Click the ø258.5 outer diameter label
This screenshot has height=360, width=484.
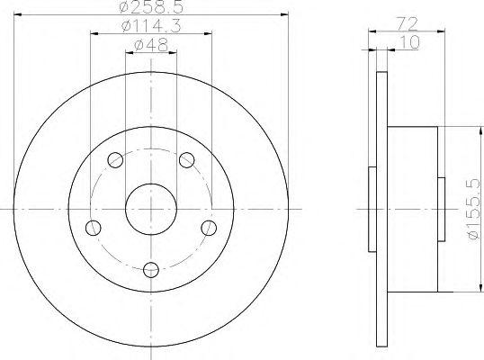point(151,7)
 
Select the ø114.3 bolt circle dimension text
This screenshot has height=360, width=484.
point(151,26)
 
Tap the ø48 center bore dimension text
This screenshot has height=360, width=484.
point(151,45)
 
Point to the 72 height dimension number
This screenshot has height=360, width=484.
point(407,24)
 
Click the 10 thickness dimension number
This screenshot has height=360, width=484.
point(409,42)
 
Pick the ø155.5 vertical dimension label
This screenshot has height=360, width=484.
point(475,209)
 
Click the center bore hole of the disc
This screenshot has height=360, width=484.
point(151,210)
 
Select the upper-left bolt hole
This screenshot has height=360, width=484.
point(115,160)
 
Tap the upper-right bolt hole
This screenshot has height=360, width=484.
point(187,160)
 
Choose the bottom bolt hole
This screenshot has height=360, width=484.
point(151,269)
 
